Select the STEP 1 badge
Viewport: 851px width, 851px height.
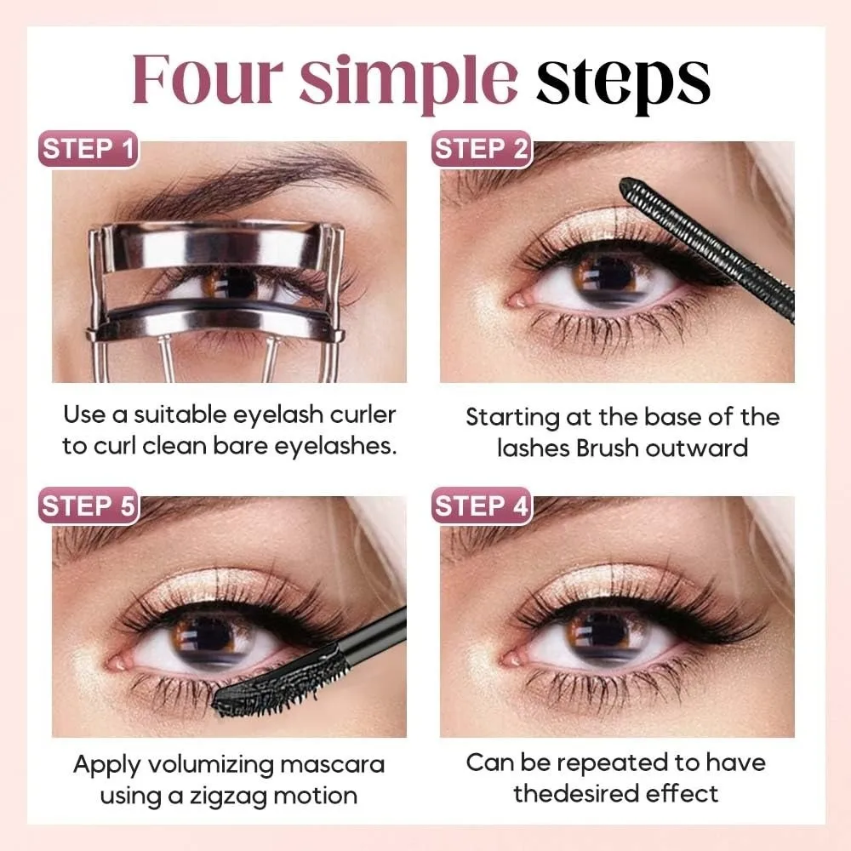(89, 150)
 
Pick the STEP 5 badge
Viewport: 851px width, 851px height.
(89, 505)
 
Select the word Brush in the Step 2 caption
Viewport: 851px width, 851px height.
(608, 448)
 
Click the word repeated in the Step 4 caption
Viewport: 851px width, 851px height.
(626, 762)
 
